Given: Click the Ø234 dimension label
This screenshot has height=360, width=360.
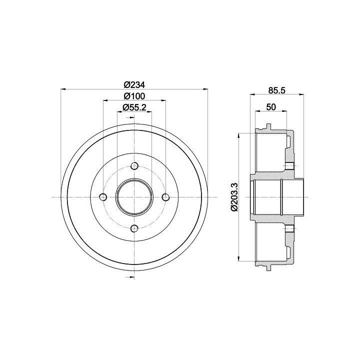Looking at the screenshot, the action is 134,84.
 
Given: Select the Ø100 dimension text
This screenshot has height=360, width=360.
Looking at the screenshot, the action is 134,96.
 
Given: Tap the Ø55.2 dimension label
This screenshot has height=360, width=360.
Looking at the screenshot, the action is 134,107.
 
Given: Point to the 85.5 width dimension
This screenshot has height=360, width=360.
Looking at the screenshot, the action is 276,90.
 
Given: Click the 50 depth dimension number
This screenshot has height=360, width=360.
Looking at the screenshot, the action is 271,107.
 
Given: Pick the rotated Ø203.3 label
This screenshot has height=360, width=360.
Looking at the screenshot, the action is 234,197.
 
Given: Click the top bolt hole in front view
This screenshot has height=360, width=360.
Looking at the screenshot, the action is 134,166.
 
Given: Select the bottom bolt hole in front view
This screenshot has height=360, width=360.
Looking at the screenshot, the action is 134,228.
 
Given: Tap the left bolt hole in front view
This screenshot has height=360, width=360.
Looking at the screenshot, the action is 103,197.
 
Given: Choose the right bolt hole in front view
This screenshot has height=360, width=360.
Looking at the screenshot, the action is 165,197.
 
